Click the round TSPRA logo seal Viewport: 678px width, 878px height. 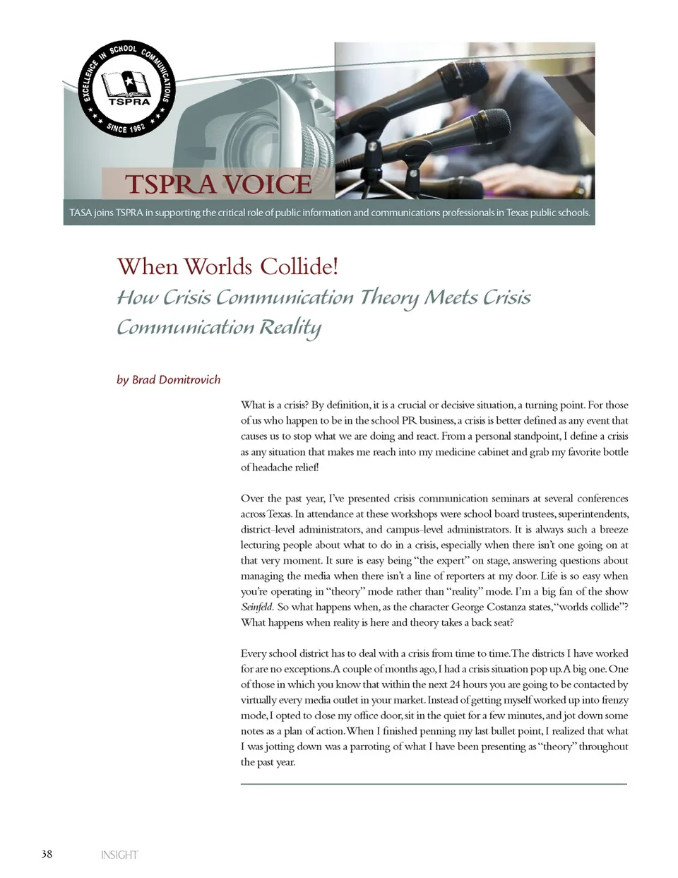pyautogui.click(x=127, y=89)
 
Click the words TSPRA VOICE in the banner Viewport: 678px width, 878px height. pyautogui.click(x=218, y=184)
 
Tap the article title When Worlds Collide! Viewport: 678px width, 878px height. pyautogui.click(x=227, y=267)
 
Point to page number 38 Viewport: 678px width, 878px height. pyautogui.click(x=47, y=854)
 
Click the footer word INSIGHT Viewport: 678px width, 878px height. pyautogui.click(x=119, y=855)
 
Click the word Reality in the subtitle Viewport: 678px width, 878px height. pyautogui.click(x=289, y=328)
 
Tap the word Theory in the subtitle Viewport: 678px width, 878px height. pyautogui.click(x=390, y=297)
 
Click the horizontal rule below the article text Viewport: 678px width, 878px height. pyautogui.click(x=434, y=784)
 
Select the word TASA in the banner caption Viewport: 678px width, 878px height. pyautogui.click(x=81, y=213)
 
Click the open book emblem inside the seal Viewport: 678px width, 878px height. pyautogui.click(x=127, y=84)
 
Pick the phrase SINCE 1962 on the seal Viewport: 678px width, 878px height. pyautogui.click(x=126, y=127)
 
